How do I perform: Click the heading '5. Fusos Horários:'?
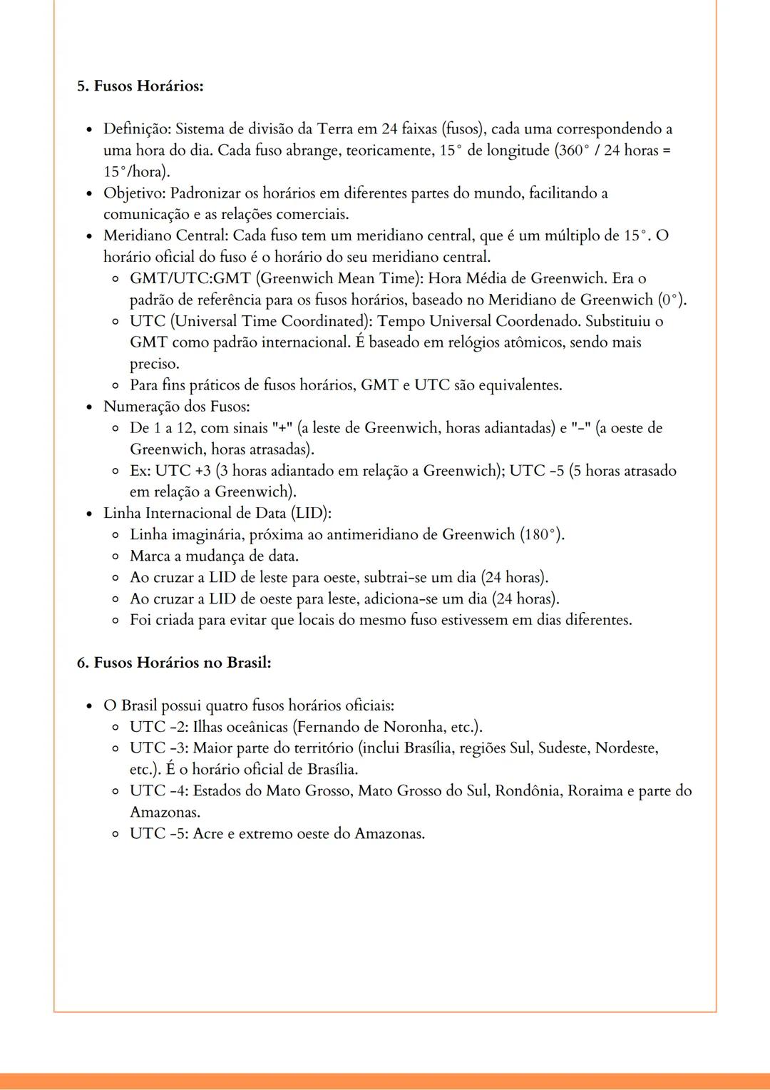pyautogui.click(x=140, y=86)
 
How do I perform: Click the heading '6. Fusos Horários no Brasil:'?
pyautogui.click(x=174, y=663)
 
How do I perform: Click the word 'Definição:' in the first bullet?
pyautogui.click(x=137, y=129)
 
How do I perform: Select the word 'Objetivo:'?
pyautogui.click(x=135, y=193)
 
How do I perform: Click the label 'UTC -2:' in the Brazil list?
pyautogui.click(x=159, y=727)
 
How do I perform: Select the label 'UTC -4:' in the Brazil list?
pyautogui.click(x=159, y=791)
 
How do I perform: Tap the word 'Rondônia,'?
pyautogui.click(x=528, y=791)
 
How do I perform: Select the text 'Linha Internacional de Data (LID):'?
pyautogui.click(x=217, y=513)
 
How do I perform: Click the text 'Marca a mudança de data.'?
pyautogui.click(x=214, y=556)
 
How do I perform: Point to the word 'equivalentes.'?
pyautogui.click(x=520, y=385)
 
